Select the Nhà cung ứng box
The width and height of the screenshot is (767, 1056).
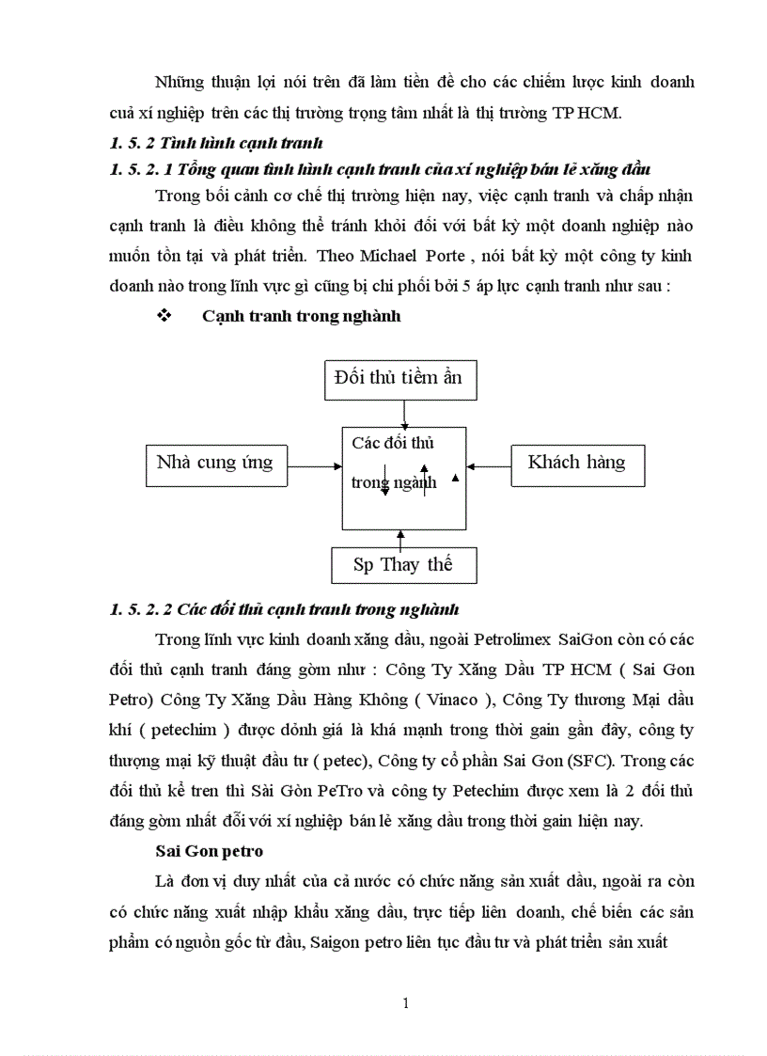coord(214,463)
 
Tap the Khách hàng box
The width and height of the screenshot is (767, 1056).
coord(576,463)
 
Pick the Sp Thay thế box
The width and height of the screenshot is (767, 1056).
coord(403,565)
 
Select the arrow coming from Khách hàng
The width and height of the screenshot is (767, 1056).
coord(489,465)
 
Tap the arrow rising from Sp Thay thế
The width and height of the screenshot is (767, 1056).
coord(401,538)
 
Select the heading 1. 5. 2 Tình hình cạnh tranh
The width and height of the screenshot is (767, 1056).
coord(216,144)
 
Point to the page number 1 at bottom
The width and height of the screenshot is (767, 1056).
coord(405,1003)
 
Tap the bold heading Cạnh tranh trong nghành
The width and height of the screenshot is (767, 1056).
coord(301,316)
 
